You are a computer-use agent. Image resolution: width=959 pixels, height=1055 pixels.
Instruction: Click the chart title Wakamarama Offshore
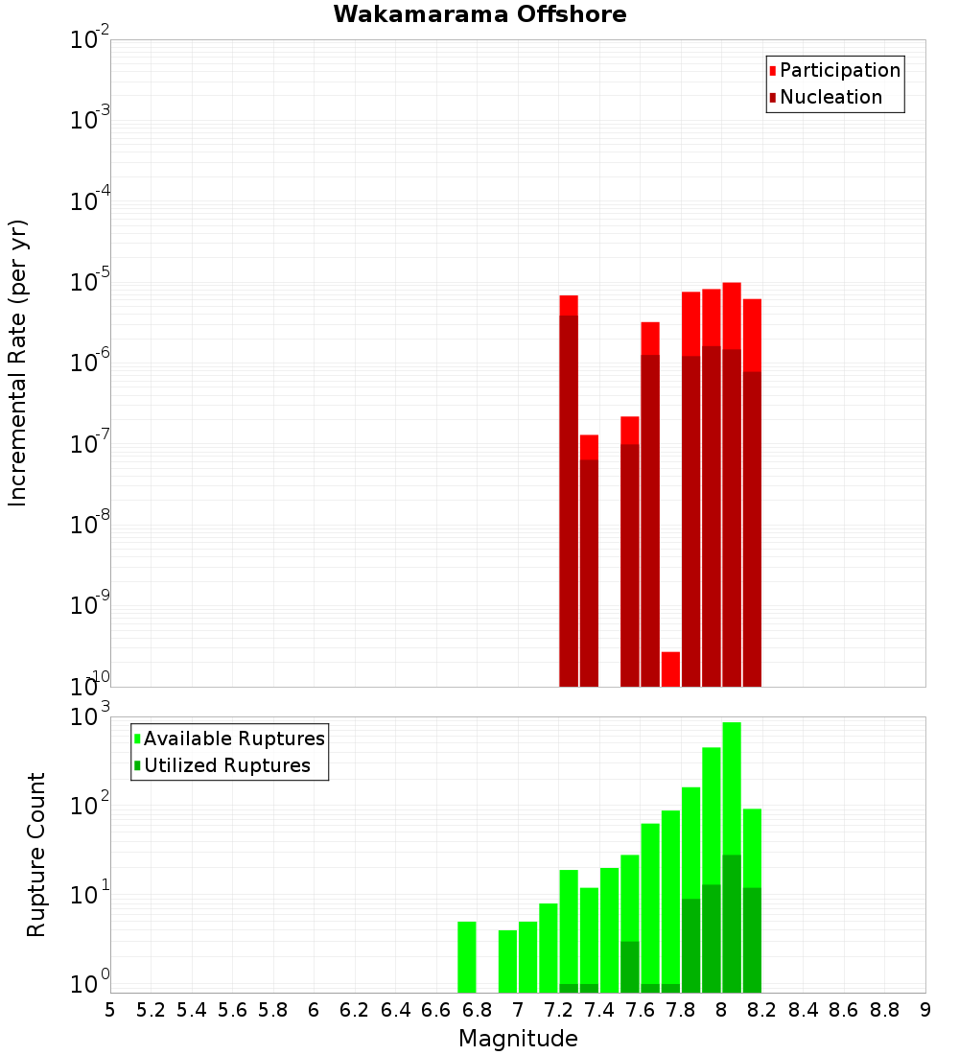479,14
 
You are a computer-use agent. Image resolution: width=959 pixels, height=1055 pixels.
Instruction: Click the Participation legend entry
839,70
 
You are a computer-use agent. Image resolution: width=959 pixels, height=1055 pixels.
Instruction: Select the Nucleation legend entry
830,97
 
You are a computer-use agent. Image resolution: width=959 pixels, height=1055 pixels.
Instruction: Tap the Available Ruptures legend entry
233,738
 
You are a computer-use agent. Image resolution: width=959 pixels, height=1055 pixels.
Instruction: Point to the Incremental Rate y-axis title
18,363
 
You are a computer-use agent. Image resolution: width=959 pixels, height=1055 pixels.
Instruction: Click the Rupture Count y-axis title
36,854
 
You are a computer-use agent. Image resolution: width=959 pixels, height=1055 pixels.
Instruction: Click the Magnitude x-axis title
518,1039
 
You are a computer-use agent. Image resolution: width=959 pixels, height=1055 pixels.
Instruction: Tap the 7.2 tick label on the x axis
558,1010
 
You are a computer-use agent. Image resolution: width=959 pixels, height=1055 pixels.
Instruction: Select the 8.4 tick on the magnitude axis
803,1010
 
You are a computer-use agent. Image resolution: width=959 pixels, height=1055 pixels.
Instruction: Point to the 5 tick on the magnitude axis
110,1010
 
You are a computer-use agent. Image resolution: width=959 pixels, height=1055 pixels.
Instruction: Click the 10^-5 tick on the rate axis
90,282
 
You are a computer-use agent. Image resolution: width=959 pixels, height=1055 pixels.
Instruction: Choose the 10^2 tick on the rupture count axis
90,805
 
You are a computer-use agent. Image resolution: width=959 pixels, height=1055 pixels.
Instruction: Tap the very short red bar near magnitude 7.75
670,668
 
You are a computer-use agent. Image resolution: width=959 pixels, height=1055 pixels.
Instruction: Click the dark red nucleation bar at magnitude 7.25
569,499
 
